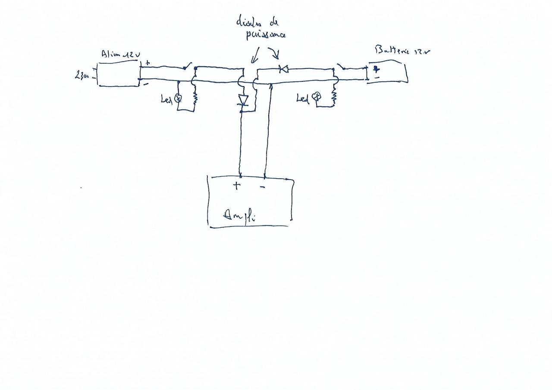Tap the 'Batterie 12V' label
[x=402, y=50]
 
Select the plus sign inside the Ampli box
[x=236, y=186]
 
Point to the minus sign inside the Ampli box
[x=263, y=187]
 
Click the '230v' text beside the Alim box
[x=82, y=75]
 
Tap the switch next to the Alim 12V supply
[x=186, y=67]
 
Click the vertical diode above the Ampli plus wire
[x=243, y=100]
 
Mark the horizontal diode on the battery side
[x=283, y=68]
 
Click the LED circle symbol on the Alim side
[x=177, y=99]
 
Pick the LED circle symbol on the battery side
[x=317, y=97]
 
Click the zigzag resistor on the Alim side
[x=195, y=97]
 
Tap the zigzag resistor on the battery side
[x=334, y=96]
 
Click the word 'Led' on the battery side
[x=302, y=99]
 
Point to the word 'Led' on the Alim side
[x=166, y=99]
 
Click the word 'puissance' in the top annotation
[x=266, y=35]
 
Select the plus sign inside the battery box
[x=376, y=68]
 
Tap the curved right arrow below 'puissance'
[x=275, y=53]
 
